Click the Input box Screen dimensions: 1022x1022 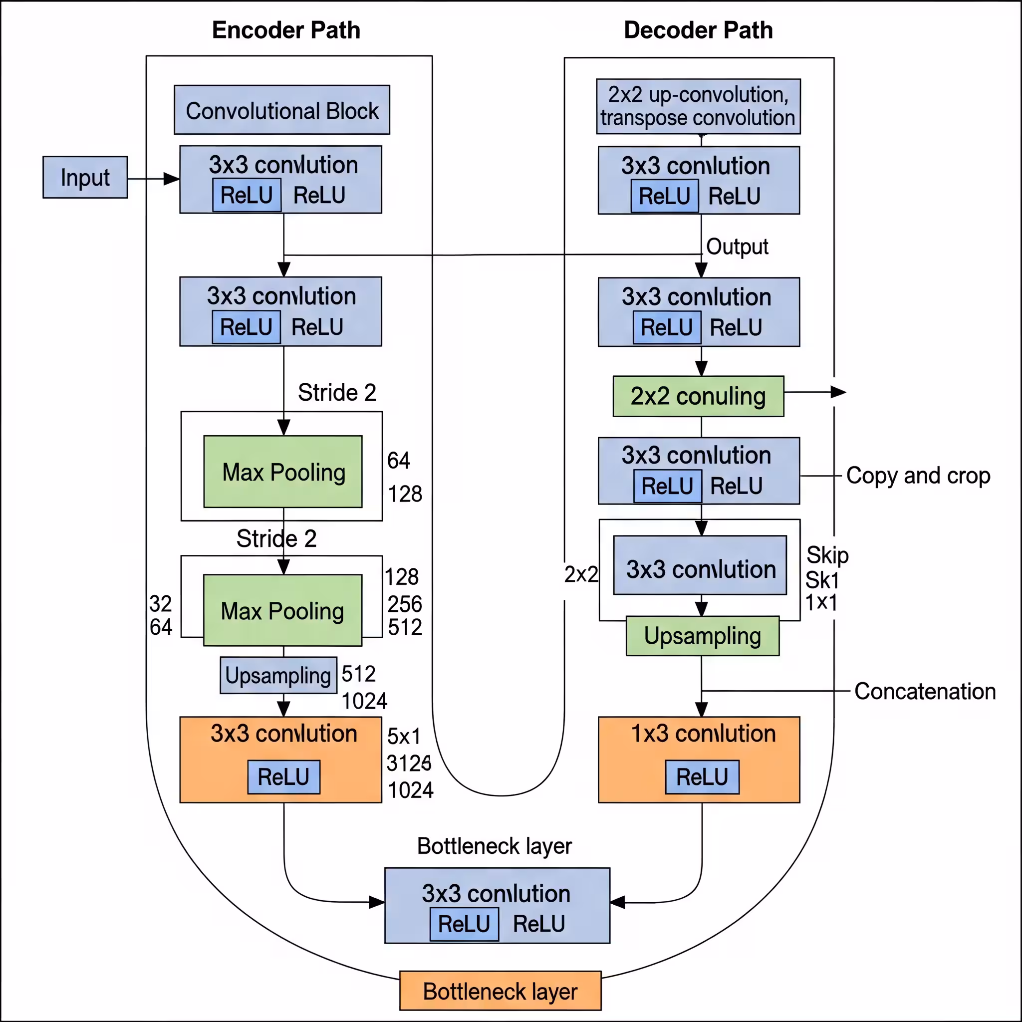pos(85,177)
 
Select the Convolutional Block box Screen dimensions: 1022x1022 pos(282,110)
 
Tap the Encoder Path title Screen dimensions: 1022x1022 pos(285,30)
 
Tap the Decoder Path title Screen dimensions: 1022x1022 pos(698,30)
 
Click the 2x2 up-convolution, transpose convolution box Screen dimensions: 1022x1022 pos(698,106)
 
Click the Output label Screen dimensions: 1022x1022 pos(737,247)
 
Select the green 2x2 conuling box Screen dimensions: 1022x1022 pos(698,396)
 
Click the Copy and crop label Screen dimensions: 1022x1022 pos(918,476)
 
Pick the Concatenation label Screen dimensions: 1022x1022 pos(925,691)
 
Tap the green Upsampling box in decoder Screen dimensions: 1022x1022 pos(703,636)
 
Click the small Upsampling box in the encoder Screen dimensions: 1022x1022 pos(278,676)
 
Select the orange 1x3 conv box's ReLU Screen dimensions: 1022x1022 pos(702,777)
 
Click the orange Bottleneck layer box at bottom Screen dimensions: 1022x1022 pos(500,991)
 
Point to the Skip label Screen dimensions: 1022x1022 pos(827,555)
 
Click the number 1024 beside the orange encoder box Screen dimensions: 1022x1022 pos(411,790)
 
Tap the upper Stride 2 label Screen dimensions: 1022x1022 pos(337,393)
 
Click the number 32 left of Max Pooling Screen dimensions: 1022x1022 pos(160,604)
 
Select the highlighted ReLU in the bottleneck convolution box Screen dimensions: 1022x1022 pos(464,924)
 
